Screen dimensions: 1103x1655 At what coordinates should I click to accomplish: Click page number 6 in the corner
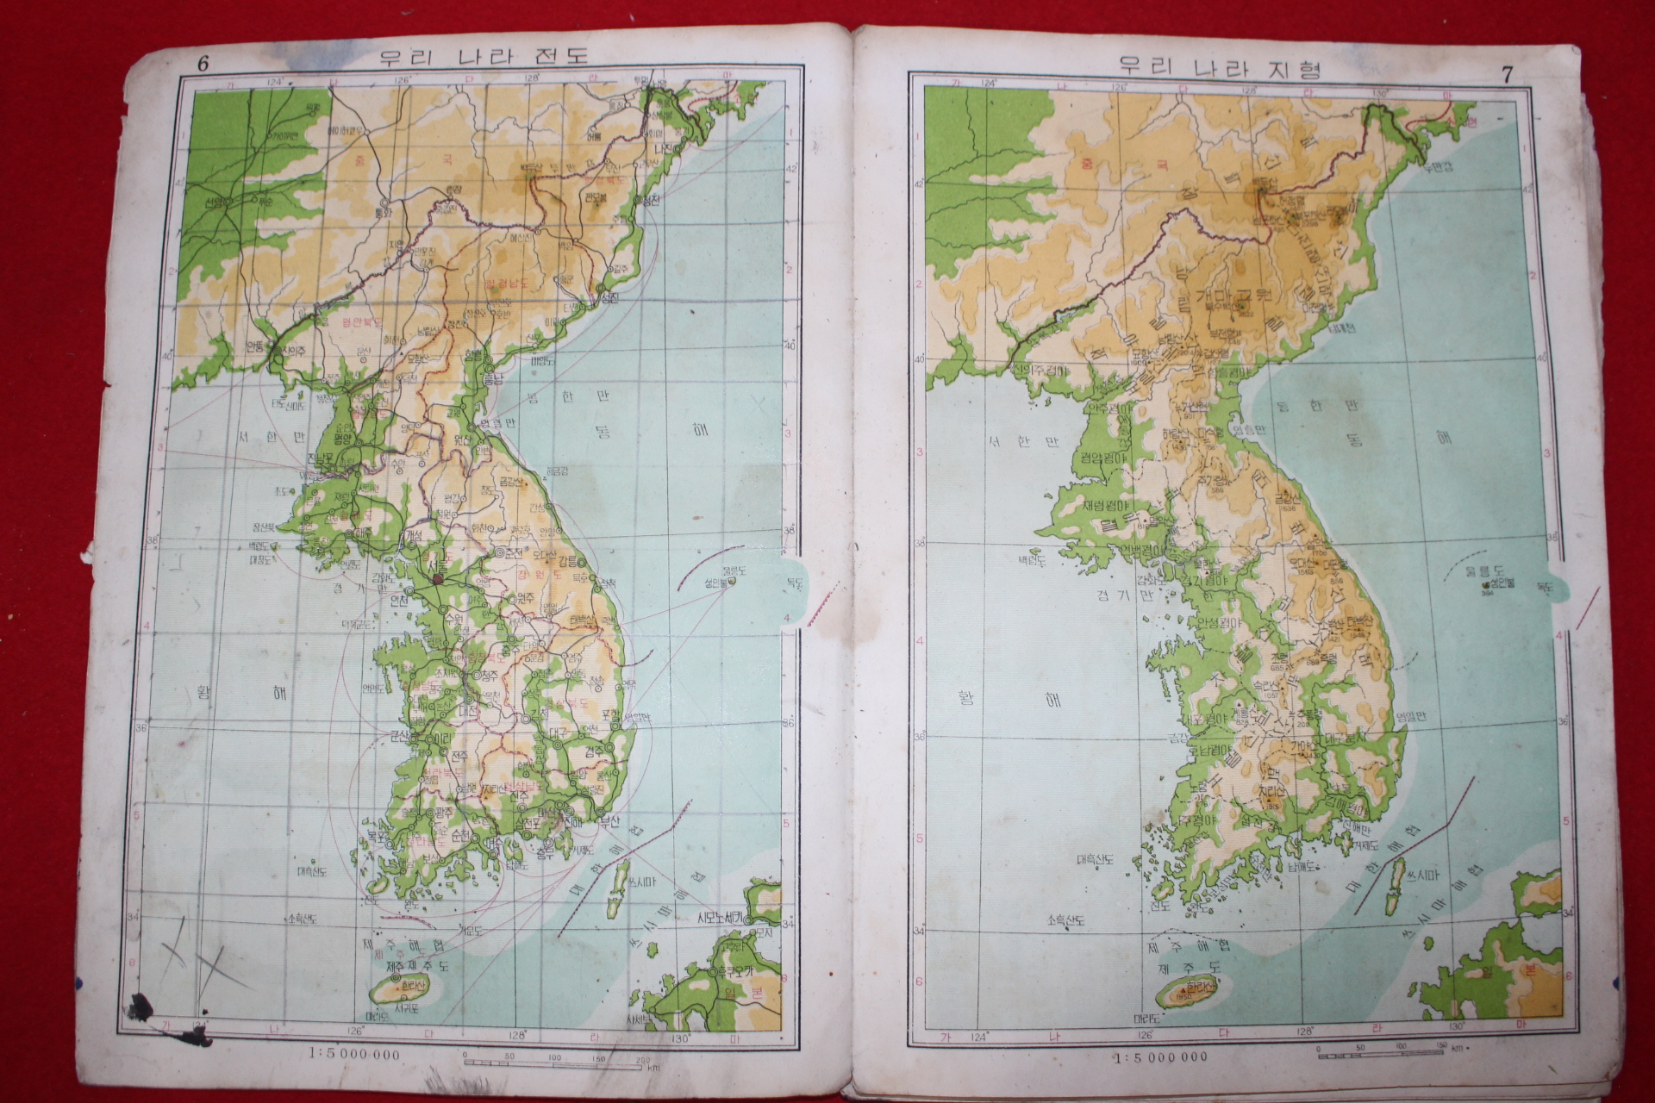pyautogui.click(x=203, y=62)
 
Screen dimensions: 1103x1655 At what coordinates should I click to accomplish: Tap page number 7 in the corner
pyautogui.click(x=1507, y=74)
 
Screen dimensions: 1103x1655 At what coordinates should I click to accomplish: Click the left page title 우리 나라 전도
pyautogui.click(x=484, y=57)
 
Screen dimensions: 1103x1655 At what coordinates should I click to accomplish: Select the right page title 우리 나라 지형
pyautogui.click(x=1219, y=66)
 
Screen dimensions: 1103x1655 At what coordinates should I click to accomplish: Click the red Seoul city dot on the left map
pyautogui.click(x=437, y=580)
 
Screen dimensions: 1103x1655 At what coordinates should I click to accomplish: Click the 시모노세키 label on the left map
pyautogui.click(x=725, y=919)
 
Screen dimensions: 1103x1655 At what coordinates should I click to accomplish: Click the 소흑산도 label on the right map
pyautogui.click(x=1066, y=921)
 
